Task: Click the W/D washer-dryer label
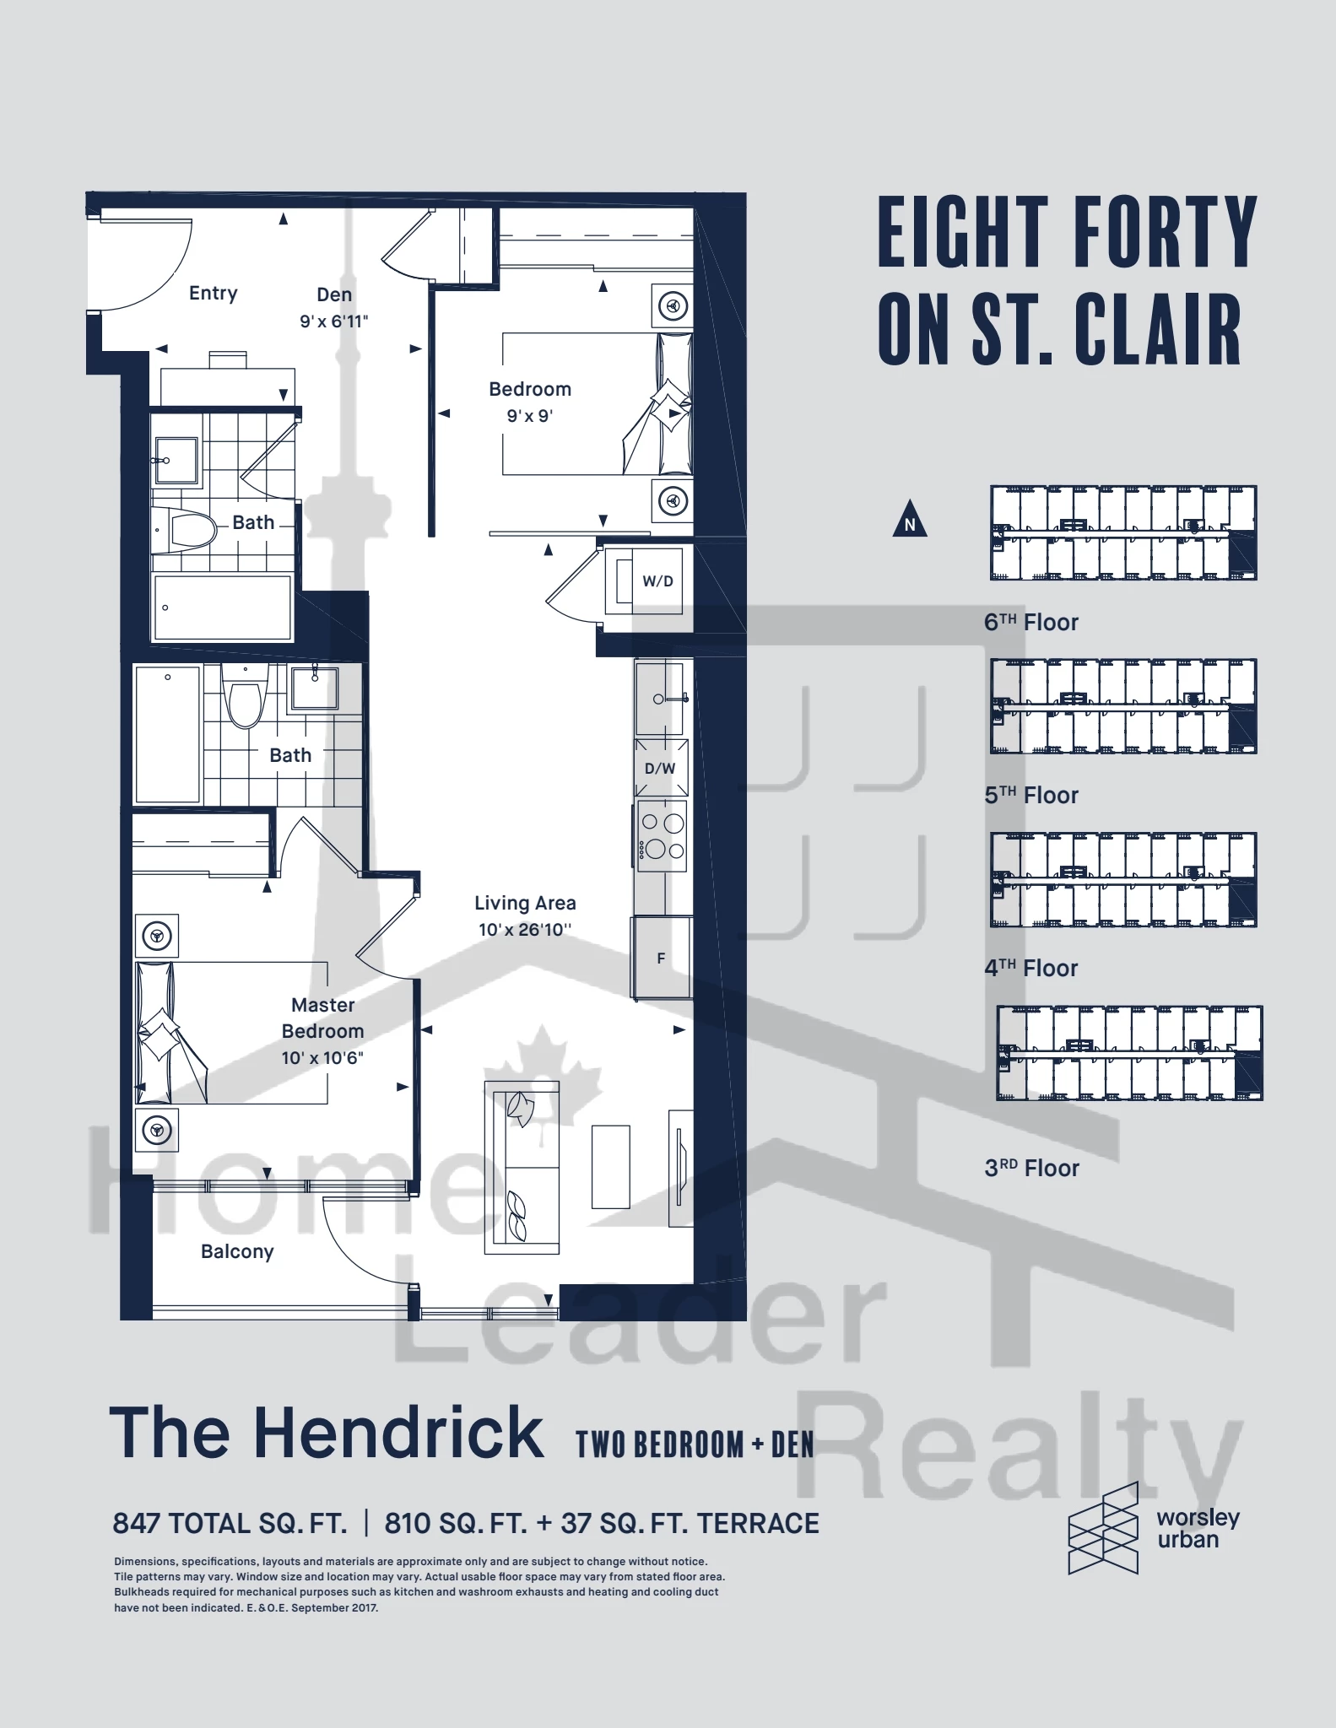point(657,581)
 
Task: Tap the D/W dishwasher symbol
point(661,768)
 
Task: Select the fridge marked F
point(662,958)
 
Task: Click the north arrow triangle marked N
point(910,519)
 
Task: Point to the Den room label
point(334,294)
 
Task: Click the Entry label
point(214,294)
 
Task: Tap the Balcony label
point(237,1251)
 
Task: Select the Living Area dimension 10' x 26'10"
point(525,930)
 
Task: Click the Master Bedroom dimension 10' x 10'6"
point(322,1058)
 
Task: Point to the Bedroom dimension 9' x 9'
point(530,416)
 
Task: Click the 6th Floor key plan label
point(1031,623)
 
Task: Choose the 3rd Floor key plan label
point(1032,1169)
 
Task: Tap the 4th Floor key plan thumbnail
point(1123,880)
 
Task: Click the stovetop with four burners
point(662,836)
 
